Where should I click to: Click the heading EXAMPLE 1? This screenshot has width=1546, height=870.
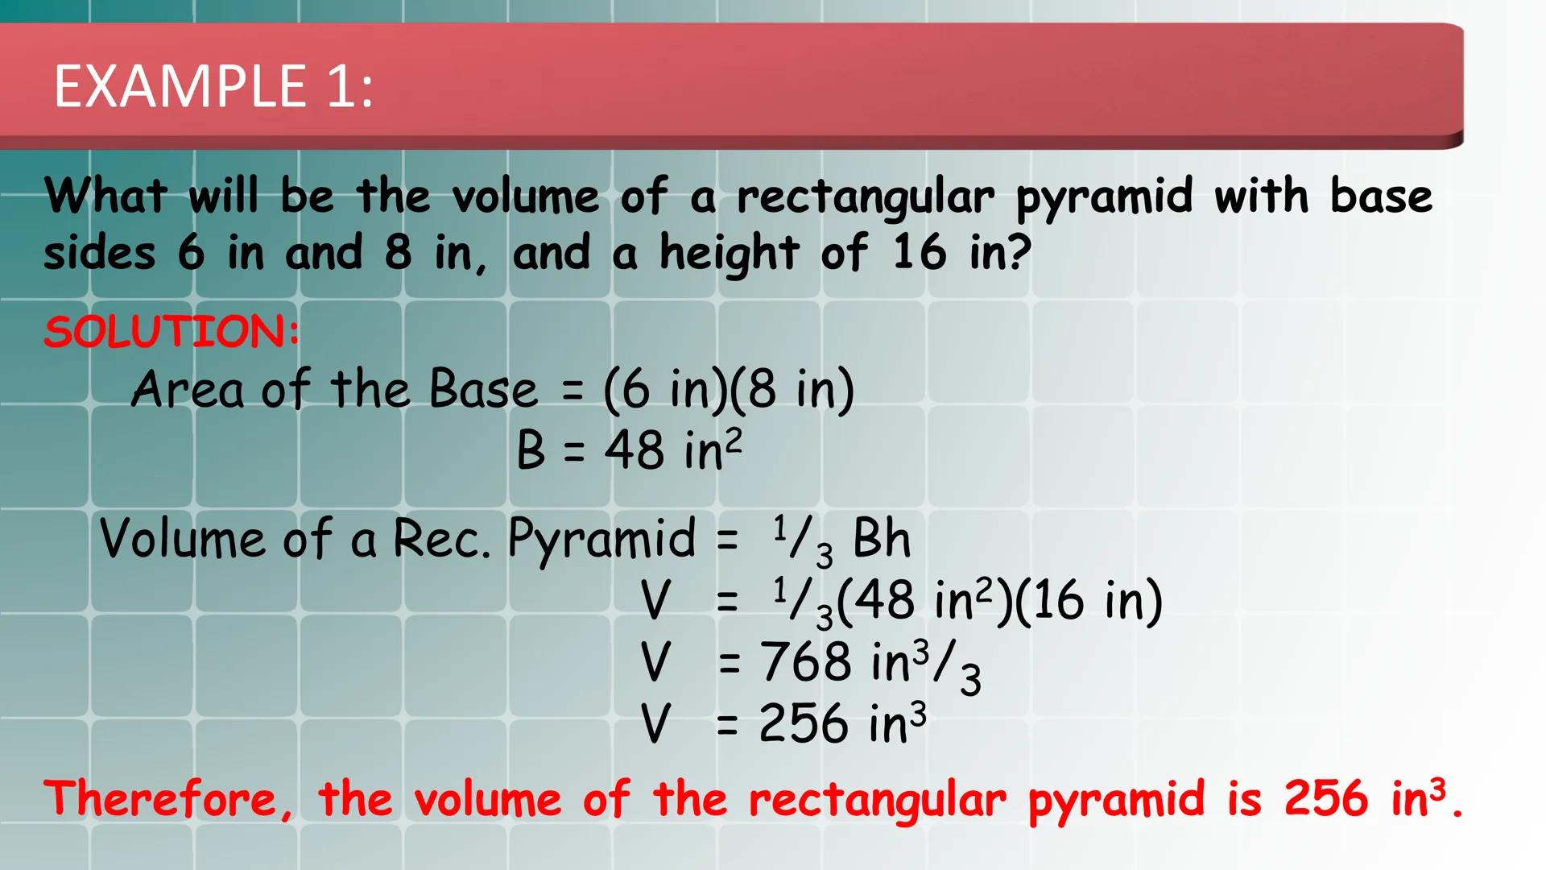pos(213,85)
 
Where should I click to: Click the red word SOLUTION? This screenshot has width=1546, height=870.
pos(172,332)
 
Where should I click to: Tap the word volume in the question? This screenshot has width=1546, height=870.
pos(526,196)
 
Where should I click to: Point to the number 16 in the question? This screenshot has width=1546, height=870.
pos(920,252)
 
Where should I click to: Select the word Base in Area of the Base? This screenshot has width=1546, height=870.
pos(483,389)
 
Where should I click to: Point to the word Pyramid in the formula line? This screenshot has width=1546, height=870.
pos(601,540)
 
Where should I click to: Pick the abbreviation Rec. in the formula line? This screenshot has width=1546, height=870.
pos(441,538)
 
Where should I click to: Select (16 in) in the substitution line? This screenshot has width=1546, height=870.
pos(1089,601)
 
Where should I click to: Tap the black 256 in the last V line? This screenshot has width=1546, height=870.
pos(804,723)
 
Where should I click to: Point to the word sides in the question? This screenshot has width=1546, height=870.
pos(100,254)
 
